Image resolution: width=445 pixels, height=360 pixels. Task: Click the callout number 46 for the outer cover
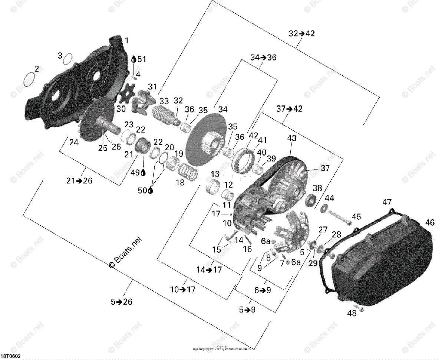[x=430, y=223]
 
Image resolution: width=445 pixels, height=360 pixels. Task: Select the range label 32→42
[x=301, y=33]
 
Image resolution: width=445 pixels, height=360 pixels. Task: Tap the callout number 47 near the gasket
[x=387, y=202]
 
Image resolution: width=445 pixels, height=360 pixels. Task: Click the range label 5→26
[x=121, y=302]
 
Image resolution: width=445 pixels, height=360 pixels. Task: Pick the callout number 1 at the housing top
[x=127, y=40]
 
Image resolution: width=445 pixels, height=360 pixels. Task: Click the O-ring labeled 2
[x=30, y=79]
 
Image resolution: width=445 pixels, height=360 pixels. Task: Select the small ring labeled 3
[x=67, y=59]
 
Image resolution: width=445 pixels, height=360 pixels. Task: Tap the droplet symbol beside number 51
[x=134, y=59]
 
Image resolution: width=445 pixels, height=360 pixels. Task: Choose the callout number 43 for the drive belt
[x=291, y=138]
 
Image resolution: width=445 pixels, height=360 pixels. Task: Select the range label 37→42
[x=289, y=109]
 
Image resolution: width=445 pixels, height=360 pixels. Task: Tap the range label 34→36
[x=263, y=58]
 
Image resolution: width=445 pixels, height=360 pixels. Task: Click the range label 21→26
[x=79, y=181]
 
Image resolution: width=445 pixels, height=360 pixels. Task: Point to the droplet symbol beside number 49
[x=144, y=173]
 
